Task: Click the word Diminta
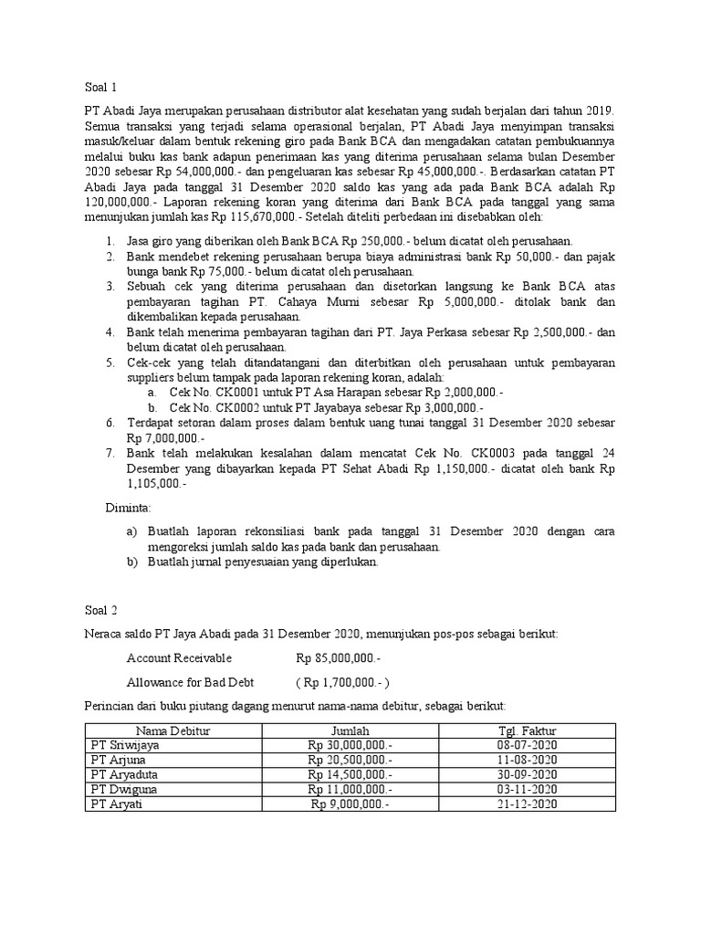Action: point(128,506)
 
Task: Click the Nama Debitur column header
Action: point(173,731)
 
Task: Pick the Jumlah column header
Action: point(350,731)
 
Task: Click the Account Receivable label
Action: point(179,657)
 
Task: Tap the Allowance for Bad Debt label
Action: point(190,681)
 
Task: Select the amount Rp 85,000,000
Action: point(339,657)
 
